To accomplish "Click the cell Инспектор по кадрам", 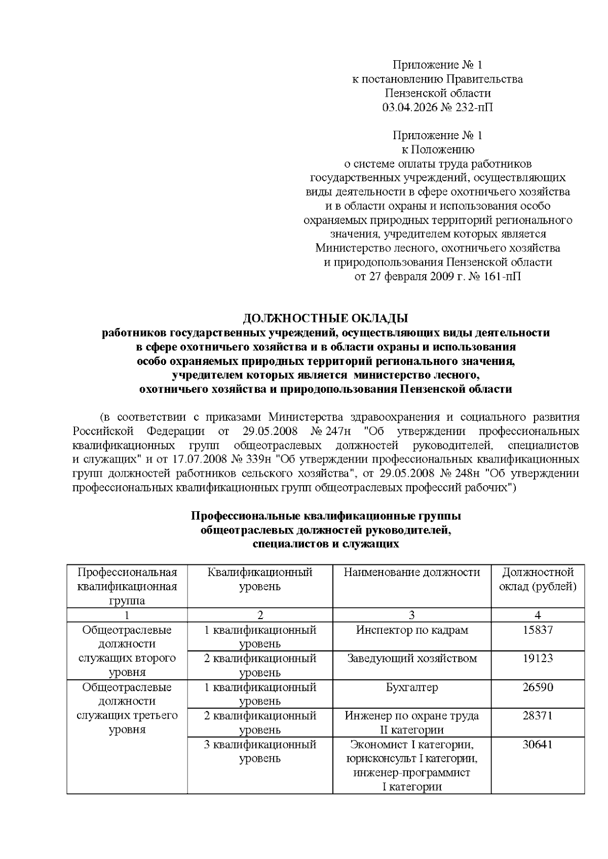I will [x=411, y=630].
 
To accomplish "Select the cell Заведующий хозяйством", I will [x=411, y=659].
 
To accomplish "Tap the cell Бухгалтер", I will [x=411, y=687].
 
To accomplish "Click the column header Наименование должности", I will [x=411, y=572].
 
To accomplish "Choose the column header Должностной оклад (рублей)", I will [x=538, y=580].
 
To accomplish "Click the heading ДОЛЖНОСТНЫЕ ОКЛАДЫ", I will [x=325, y=318].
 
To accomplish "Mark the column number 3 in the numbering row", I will [x=411, y=615].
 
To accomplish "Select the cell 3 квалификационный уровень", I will [x=260, y=752].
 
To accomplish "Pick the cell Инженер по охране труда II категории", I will [x=411, y=723].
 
